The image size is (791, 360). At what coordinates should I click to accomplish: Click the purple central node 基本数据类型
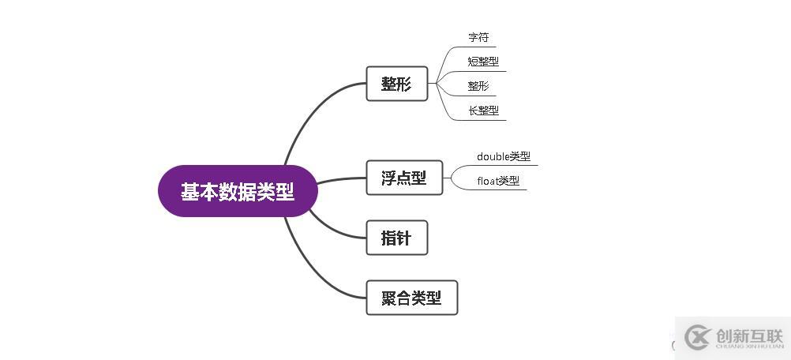tap(238, 191)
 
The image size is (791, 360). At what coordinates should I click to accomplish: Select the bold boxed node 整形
tap(396, 84)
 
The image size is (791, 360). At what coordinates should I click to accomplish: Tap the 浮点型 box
tap(404, 178)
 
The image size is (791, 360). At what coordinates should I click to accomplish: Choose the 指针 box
tap(396, 238)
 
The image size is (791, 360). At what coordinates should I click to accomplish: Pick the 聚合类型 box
tap(411, 298)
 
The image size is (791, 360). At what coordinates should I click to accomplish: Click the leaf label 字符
tap(478, 38)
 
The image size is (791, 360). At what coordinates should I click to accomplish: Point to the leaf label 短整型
tap(483, 62)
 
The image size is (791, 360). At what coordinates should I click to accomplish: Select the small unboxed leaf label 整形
tap(478, 86)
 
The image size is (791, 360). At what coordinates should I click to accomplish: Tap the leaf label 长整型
tap(483, 111)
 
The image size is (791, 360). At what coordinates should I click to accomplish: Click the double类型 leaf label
tap(504, 156)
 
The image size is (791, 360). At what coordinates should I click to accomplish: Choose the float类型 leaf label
tap(498, 181)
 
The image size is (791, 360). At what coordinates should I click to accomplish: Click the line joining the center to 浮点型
tap(341, 180)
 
